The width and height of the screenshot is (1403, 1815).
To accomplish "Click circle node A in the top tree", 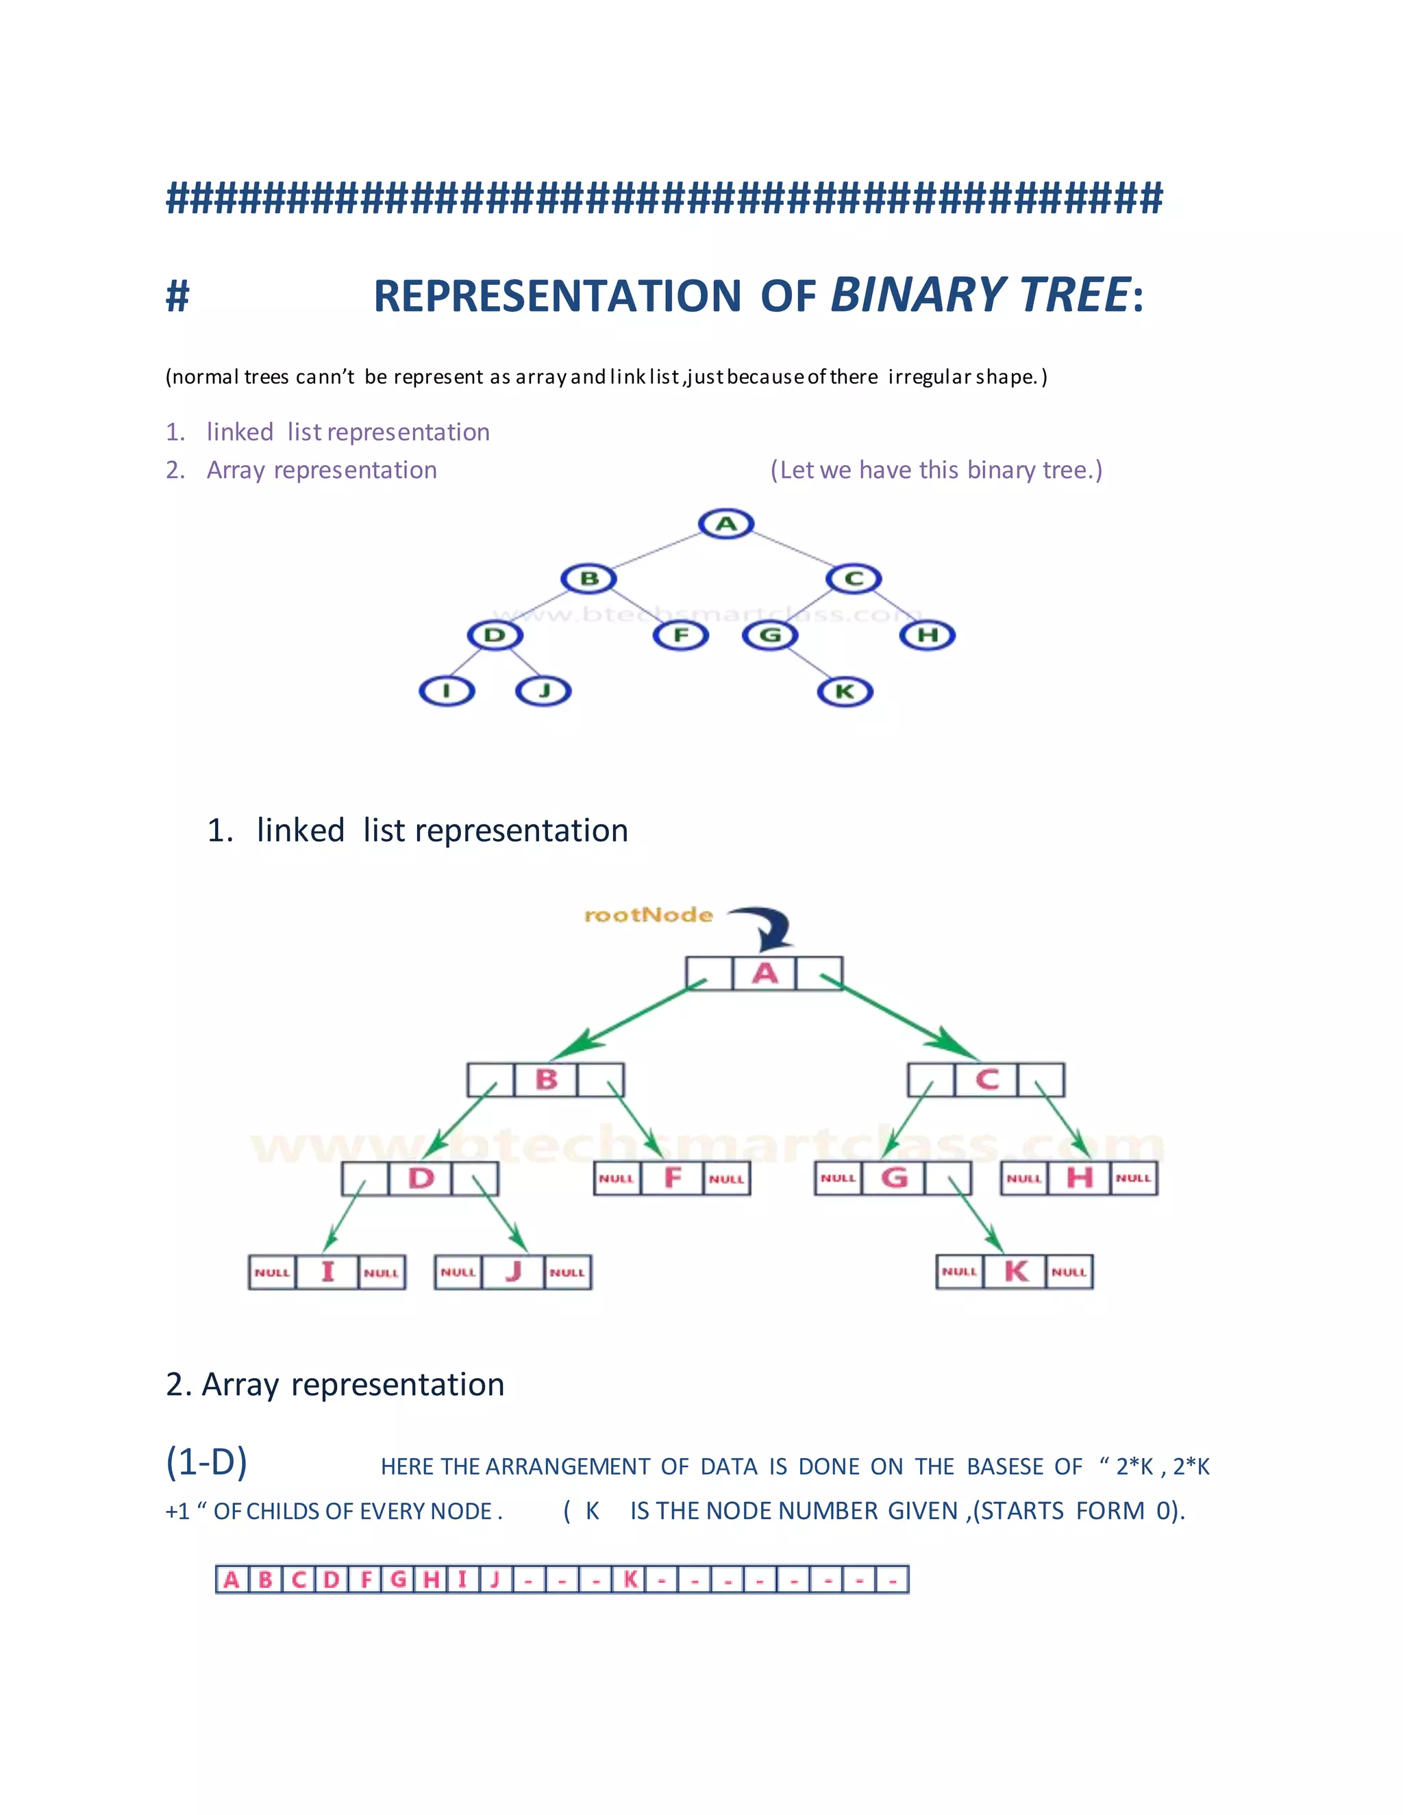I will point(725,523).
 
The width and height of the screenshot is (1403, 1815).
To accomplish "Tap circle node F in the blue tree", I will point(681,636).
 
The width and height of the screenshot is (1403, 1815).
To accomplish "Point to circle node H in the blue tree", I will point(928,636).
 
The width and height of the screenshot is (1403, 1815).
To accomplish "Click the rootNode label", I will point(648,915).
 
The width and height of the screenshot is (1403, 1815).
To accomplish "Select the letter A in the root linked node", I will point(765,973).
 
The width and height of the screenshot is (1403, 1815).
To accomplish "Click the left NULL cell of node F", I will point(616,1179).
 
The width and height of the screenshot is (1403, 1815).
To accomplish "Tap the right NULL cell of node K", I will point(1069,1271).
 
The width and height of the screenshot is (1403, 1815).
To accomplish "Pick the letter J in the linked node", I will point(513,1271).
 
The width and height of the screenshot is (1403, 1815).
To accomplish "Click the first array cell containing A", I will point(232,1579).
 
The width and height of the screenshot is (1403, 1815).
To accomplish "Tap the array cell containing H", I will point(430,1579).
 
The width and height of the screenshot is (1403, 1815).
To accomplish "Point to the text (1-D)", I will point(207,1461).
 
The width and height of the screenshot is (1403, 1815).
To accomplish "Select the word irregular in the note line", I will point(929,377).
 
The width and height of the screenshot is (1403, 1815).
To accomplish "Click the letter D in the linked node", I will point(421,1179).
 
